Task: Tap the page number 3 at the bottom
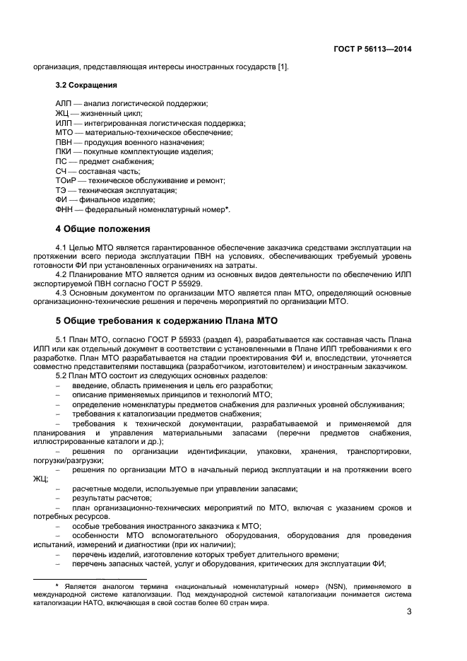click(x=409, y=612)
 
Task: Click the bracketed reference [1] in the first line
click(x=283, y=67)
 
